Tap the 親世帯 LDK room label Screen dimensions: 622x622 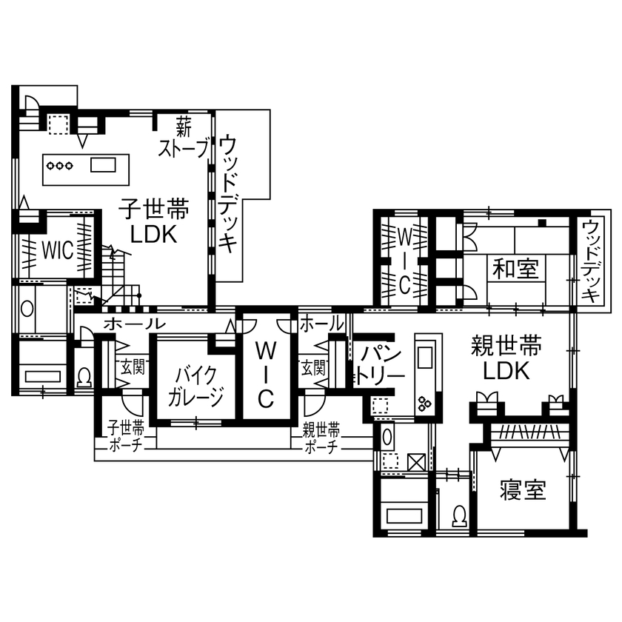[x=506, y=357]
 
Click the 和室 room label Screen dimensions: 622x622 [x=516, y=268]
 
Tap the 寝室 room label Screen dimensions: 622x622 [x=523, y=489]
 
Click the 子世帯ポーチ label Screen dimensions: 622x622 [x=126, y=437]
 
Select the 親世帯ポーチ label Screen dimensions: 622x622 [x=321, y=437]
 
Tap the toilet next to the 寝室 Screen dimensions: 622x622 [x=459, y=514]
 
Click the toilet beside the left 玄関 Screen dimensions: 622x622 [x=84, y=378]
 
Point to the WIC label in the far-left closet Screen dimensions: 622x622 [x=56, y=250]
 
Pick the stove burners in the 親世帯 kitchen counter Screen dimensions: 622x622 [x=426, y=403]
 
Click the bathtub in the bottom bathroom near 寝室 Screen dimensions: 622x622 [x=404, y=516]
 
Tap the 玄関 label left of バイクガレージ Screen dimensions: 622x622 [x=133, y=365]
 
